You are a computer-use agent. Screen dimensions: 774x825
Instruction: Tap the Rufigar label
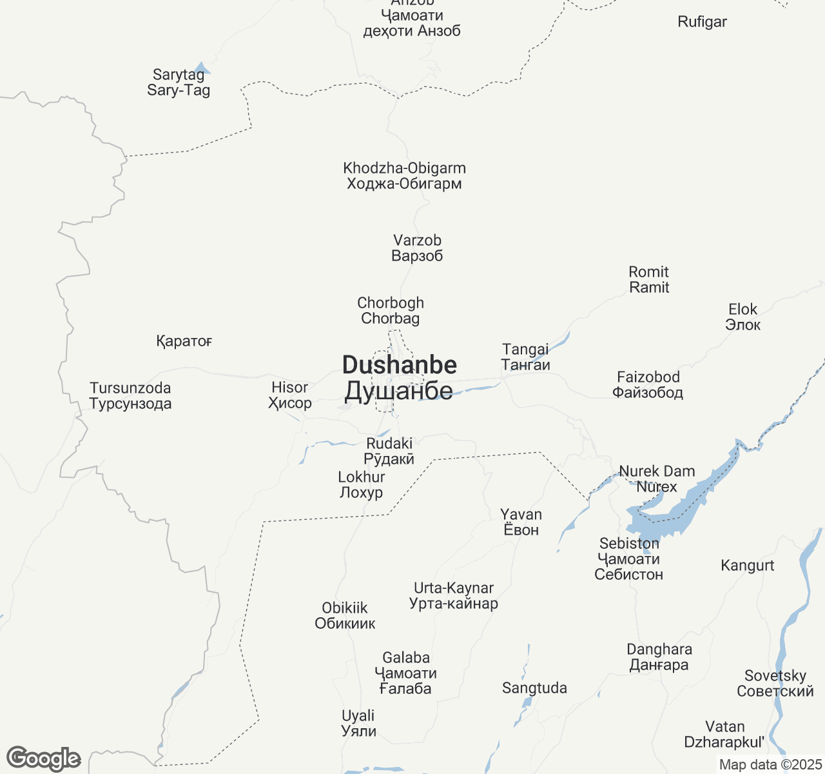[x=702, y=22]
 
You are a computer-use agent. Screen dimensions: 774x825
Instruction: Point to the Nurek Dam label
[x=657, y=471]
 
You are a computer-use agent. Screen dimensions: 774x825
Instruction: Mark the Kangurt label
[x=747, y=566]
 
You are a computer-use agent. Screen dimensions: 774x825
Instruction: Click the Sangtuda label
[x=534, y=688]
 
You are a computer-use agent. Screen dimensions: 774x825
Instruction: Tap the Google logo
[x=43, y=759]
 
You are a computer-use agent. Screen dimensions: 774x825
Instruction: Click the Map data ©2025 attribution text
[x=770, y=765]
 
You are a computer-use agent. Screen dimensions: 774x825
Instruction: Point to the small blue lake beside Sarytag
[x=202, y=68]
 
